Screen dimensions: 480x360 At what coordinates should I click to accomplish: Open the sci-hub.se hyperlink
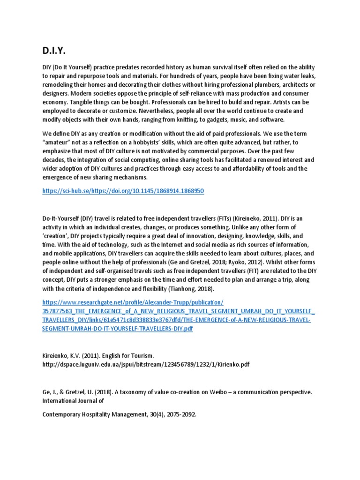tap(123, 191)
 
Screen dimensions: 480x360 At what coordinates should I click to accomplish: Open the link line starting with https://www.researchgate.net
tap(133, 302)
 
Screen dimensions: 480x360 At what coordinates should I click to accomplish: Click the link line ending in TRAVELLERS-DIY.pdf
tap(118, 329)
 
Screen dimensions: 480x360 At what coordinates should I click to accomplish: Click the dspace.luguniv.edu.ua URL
tap(146, 365)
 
